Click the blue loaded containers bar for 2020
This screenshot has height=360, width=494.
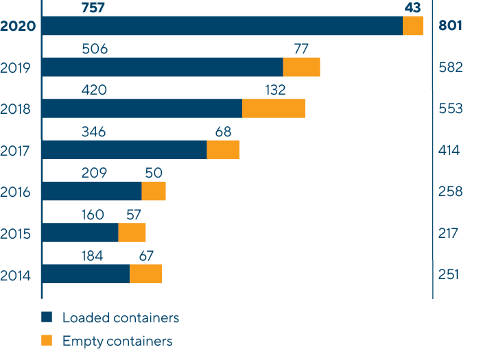222,26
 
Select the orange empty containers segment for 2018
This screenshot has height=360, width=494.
274,108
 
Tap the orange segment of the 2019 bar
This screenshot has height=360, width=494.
302,67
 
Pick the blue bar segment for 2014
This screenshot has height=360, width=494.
86,274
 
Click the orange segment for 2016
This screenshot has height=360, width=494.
154,191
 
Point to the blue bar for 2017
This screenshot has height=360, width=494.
124,149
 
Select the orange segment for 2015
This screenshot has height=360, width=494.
132,232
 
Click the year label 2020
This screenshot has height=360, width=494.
19,27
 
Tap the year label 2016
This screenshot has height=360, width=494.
16,192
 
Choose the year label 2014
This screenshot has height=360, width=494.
16,276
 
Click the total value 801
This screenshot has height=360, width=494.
450,27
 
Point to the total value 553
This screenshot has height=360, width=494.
450,109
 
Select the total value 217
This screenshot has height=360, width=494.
448,234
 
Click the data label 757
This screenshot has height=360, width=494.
94,8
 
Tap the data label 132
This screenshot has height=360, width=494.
274,90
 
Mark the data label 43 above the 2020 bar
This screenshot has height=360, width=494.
412,8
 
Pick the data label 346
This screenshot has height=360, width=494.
93,132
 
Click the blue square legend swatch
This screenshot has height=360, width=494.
47,317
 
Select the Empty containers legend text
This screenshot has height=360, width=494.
117,341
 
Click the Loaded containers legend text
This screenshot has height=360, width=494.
120,317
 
